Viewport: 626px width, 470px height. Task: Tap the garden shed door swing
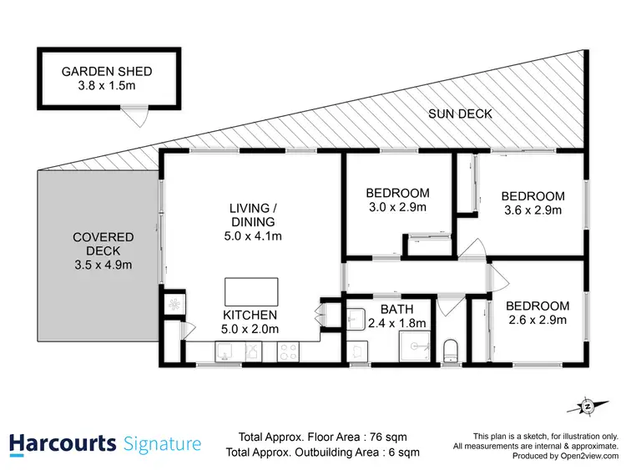pos(134,117)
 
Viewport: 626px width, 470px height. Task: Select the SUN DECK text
pos(460,114)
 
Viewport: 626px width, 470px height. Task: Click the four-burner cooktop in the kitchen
pos(287,353)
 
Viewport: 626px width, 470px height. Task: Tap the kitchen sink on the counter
pos(225,354)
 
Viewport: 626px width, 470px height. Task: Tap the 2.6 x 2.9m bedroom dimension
pos(537,320)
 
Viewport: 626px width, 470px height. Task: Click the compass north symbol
pos(587,407)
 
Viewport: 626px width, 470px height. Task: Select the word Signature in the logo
pos(161,443)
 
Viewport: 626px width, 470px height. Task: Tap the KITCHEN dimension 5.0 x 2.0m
pos(249,329)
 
